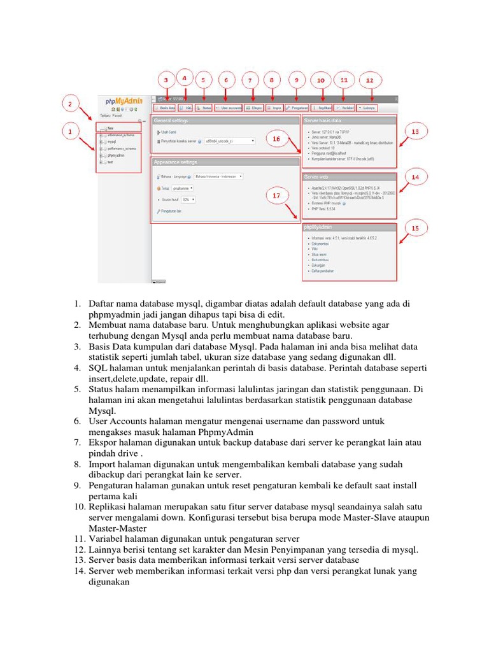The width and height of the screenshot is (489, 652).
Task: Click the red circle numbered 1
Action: pos(73,132)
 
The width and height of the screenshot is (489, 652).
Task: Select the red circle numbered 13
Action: pos(416,132)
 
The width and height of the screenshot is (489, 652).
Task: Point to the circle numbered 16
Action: pos(276,138)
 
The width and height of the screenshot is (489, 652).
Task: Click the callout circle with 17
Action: pos(276,196)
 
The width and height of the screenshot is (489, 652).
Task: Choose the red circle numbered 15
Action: pos(416,226)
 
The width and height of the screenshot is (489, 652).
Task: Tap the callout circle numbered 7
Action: pos(250,81)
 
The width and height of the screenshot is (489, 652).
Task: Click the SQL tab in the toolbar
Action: pos(186,108)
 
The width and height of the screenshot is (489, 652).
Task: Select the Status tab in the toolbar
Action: pos(204,108)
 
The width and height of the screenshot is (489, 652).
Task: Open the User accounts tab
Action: pos(229,108)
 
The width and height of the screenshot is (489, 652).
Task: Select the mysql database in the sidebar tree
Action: pos(111,142)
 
